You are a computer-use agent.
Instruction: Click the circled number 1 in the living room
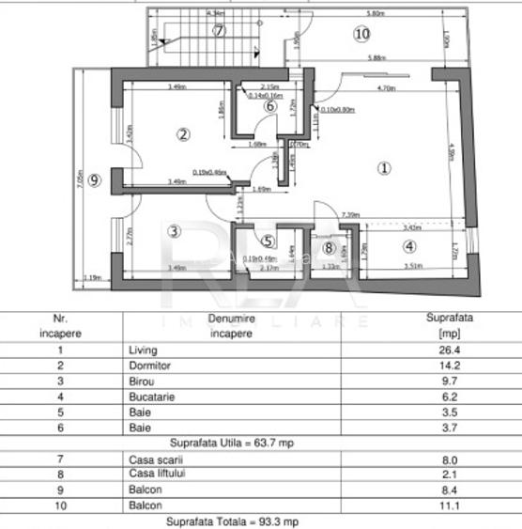tap(383, 168)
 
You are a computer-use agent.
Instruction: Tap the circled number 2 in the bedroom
tap(183, 134)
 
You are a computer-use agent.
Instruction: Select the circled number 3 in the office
tap(173, 229)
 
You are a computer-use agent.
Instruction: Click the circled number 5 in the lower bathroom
tap(268, 241)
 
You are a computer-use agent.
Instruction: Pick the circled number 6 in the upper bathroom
tap(270, 106)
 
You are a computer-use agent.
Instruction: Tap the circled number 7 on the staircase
tap(219, 30)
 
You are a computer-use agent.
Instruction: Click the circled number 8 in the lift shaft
tap(329, 248)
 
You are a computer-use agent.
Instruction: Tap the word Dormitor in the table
tap(148, 366)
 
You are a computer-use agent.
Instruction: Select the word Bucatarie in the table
tap(149, 397)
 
